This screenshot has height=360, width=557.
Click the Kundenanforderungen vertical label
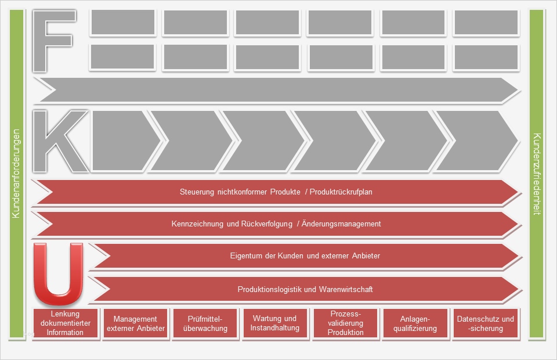(x=16, y=174)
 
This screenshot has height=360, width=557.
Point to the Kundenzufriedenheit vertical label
(x=537, y=174)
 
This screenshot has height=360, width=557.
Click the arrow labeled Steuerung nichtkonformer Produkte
(x=276, y=192)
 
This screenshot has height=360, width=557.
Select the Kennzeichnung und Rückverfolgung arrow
(x=276, y=224)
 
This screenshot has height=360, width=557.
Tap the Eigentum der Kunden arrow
(x=305, y=255)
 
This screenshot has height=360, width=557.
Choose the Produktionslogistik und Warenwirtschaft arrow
(x=305, y=289)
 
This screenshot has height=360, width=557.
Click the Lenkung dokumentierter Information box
(x=66, y=323)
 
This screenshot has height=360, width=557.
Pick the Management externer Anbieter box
(x=135, y=323)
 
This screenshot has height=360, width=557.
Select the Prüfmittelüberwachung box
(x=205, y=323)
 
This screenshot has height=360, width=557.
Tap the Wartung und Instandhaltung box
(x=275, y=323)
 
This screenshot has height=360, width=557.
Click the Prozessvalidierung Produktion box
(x=345, y=323)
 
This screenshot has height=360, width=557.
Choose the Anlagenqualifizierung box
(x=415, y=323)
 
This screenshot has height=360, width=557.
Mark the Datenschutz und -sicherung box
(x=486, y=323)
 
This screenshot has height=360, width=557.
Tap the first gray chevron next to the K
(x=122, y=141)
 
